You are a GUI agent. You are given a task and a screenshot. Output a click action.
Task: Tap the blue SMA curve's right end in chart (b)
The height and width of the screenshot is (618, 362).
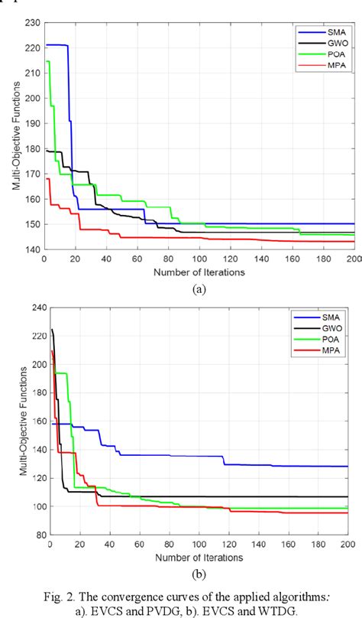tap(345, 466)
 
